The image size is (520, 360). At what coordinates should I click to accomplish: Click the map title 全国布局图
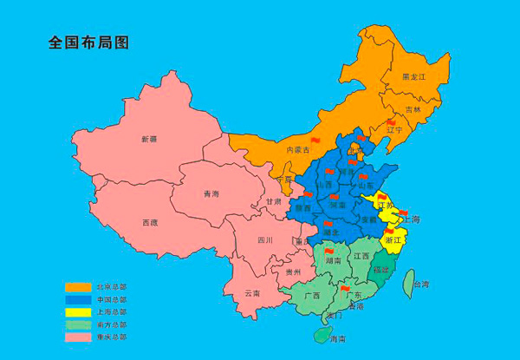pos(88,42)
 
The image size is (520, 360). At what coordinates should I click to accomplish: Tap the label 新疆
pos(149,139)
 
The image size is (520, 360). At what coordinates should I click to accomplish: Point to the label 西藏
pos(149,223)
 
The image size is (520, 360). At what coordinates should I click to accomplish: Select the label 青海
pos(211,193)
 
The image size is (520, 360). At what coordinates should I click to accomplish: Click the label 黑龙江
pos(414,77)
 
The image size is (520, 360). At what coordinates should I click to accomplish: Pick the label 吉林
pos(413,110)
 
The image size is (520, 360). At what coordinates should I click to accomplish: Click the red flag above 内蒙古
pos(315,140)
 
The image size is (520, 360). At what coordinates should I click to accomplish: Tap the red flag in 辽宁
pos(390,123)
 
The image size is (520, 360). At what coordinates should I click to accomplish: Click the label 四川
pos(265,240)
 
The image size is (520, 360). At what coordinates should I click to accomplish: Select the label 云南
pos(252,293)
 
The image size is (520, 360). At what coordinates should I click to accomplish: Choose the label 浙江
pos(393,239)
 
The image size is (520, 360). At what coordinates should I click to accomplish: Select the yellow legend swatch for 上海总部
pos(79,311)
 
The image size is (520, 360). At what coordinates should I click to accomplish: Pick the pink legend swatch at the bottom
pos(79,336)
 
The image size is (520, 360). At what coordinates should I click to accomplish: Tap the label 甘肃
pos(273,201)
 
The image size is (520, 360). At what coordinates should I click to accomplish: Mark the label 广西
pos(312,296)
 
